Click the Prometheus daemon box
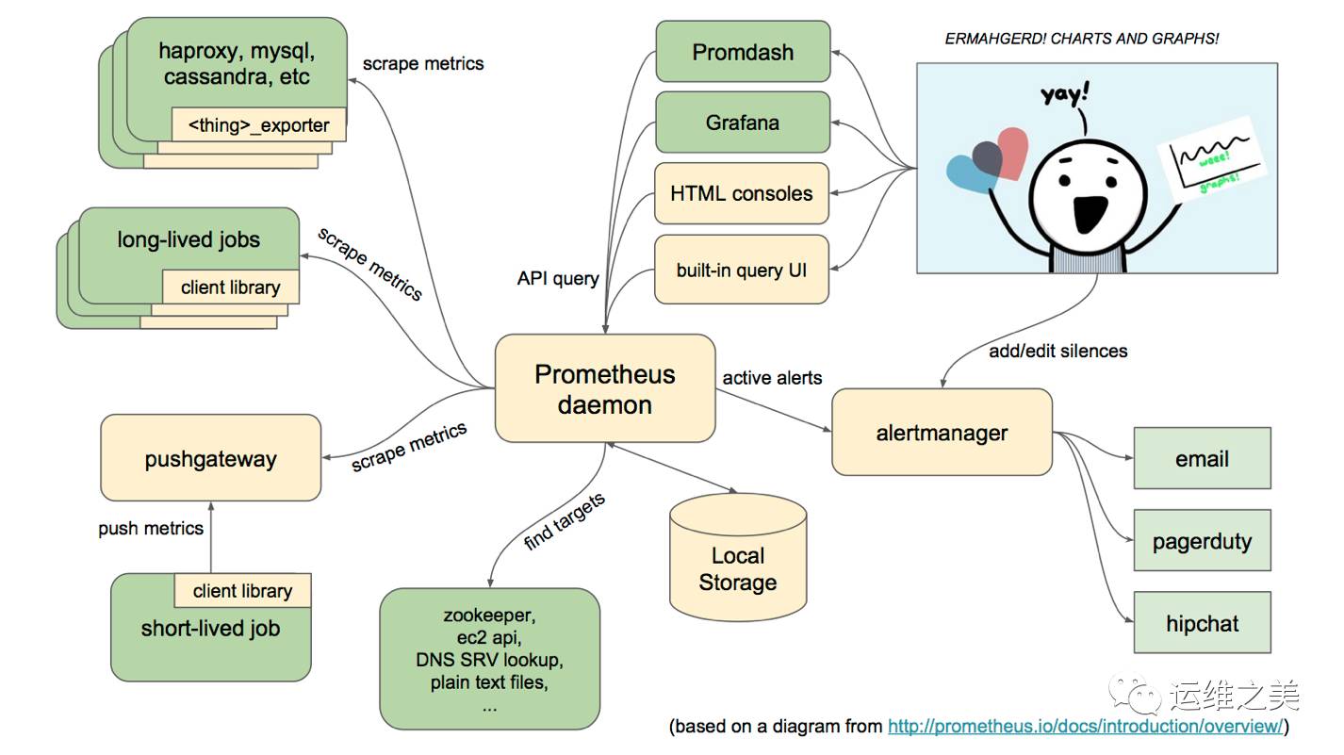coord(605,388)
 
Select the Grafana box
coord(743,123)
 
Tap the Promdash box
coord(743,52)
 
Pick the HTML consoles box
coord(742,193)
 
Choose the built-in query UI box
coord(742,270)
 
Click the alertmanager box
coord(942,432)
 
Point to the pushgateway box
coord(210,458)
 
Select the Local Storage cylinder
coord(738,557)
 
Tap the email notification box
coord(1203,458)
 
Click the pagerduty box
coord(1203,540)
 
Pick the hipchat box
coord(1203,622)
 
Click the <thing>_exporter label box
coord(259,124)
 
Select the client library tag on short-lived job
coord(243,591)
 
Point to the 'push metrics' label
coord(151,528)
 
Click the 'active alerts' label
coord(772,377)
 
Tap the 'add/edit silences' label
coord(1057,351)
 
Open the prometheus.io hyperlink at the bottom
coord(1086,726)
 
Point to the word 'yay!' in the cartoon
coord(1064,94)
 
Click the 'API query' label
coord(558,278)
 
